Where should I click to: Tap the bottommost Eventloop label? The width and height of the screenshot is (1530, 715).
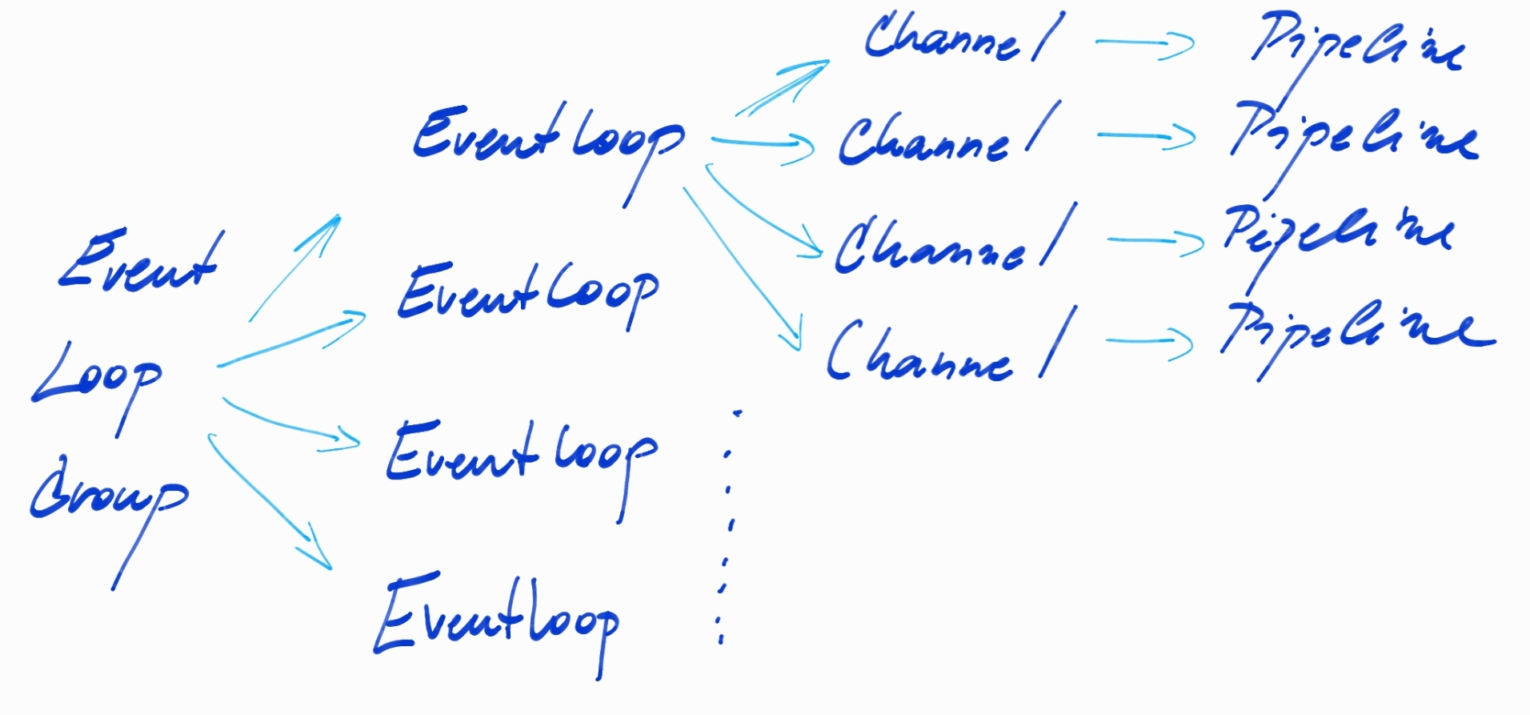coord(496,621)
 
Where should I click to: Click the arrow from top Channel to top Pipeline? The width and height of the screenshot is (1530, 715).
coord(1144,44)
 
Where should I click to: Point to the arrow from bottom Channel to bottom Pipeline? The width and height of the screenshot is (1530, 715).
coord(1149,343)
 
